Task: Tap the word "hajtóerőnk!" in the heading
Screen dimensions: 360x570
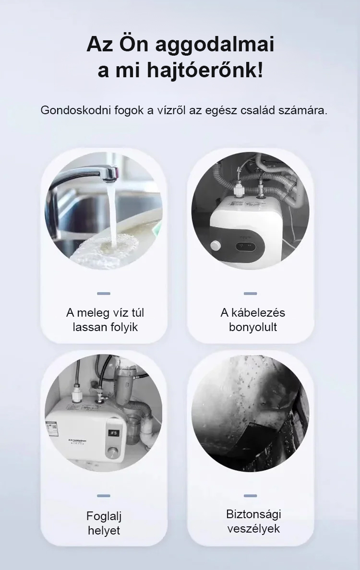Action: (x=205, y=71)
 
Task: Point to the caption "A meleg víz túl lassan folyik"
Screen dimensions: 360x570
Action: (x=105, y=320)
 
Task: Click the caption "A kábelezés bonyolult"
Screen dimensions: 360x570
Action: (x=253, y=320)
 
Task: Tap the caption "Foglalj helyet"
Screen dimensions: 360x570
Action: (x=104, y=523)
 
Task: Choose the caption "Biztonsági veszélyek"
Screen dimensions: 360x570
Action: (x=253, y=521)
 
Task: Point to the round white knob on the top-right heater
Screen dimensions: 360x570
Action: (x=215, y=245)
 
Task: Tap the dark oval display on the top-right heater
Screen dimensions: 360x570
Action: (x=246, y=246)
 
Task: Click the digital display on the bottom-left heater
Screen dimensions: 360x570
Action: (x=114, y=433)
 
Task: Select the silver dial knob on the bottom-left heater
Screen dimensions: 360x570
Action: (x=112, y=453)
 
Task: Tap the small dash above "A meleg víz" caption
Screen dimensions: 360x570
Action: (x=104, y=293)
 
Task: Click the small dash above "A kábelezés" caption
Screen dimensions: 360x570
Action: (x=250, y=293)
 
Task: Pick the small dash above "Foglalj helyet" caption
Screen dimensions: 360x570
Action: (x=104, y=496)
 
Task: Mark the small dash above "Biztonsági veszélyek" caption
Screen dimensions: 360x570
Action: (x=250, y=496)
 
